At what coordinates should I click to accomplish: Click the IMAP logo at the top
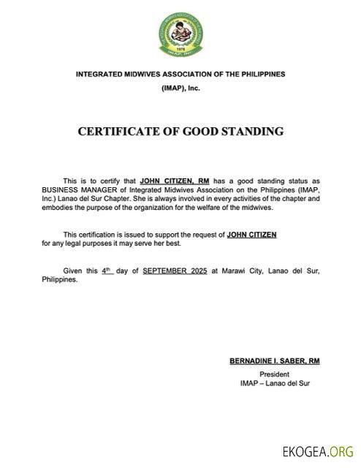(180, 33)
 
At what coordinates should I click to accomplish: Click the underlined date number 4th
(107, 271)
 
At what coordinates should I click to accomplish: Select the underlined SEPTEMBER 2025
(175, 271)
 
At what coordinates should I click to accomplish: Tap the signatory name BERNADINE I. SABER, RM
(275, 362)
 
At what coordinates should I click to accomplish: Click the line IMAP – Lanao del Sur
(275, 382)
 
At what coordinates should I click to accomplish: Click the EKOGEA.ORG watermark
(319, 451)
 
